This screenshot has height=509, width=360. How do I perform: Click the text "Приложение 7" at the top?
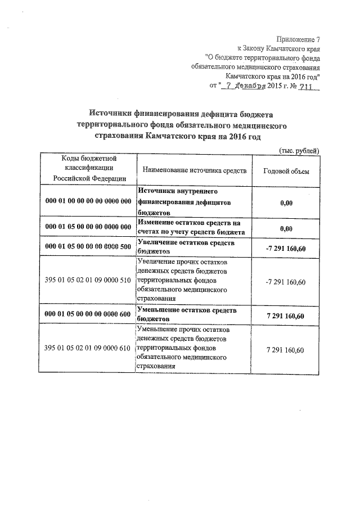click(297, 39)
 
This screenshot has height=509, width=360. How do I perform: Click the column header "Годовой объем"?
click(286, 170)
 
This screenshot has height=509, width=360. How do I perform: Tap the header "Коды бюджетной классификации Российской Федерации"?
click(88, 169)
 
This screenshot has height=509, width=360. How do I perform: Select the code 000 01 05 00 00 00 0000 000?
click(88, 227)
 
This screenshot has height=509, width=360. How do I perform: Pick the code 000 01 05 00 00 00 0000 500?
click(88, 247)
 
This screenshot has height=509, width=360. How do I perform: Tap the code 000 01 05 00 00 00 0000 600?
click(88, 316)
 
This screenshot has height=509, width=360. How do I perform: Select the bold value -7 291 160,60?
click(286, 247)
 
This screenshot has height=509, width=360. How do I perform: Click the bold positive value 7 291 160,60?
click(286, 316)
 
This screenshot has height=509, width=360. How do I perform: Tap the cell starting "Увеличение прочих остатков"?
click(182, 280)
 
